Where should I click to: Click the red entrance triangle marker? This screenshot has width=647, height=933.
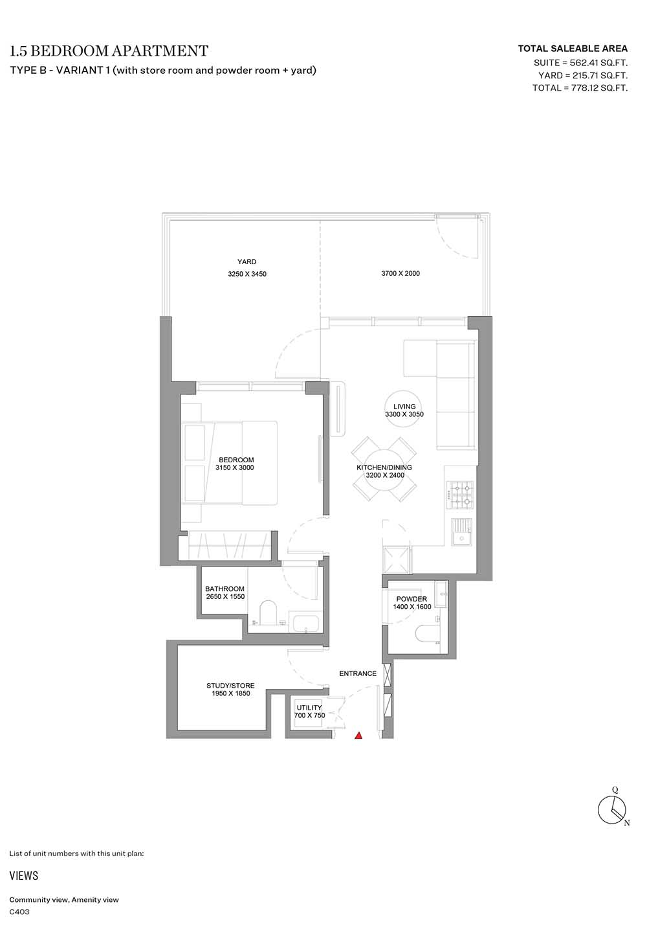(358, 736)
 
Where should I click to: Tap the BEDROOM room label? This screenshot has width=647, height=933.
(236, 460)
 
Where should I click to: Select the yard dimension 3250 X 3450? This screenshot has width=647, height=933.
(247, 274)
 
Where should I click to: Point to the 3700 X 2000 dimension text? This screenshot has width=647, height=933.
(400, 274)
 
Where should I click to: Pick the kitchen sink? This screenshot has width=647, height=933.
(461, 532)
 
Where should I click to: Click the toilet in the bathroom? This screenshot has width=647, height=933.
(267, 613)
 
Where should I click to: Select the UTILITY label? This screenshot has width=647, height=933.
(309, 708)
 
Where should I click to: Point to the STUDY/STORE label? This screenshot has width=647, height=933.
(230, 686)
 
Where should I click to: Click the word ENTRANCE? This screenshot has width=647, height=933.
(358, 673)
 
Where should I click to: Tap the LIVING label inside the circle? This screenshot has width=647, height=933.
(404, 407)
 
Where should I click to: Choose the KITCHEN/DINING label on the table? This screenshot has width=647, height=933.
(384, 467)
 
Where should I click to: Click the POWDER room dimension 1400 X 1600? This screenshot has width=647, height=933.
(411, 607)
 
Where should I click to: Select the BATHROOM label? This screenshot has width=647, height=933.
(225, 589)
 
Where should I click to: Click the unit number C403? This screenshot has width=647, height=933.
(19, 912)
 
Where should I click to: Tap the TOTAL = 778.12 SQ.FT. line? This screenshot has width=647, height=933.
(580, 88)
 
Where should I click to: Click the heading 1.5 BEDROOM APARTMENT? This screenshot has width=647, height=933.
(109, 51)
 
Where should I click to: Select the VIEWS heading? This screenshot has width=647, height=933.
(24, 875)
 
